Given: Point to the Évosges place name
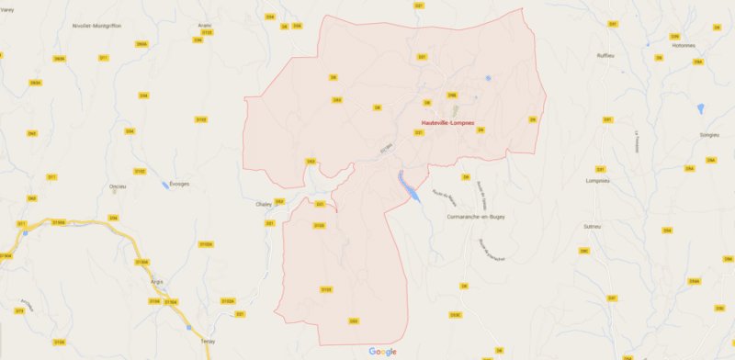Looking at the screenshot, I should point(179,184).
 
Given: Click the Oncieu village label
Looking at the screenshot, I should point(118,186).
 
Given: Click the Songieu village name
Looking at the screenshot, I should point(684,134).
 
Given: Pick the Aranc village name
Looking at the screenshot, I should point(204,26).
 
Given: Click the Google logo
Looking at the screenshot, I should point(383,351).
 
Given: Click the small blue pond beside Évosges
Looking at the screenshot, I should point(164,184).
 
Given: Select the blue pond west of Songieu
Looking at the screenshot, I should point(700,108).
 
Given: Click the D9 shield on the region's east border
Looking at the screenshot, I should point(532,119).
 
